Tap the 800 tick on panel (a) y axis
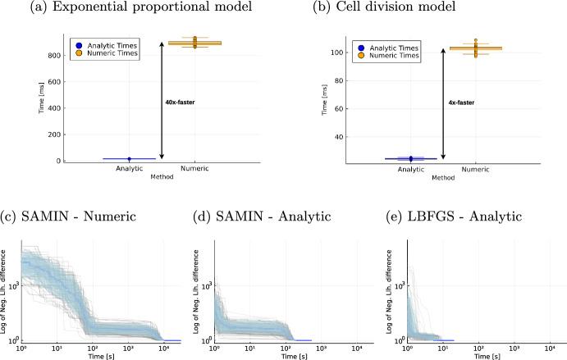coord(49,55)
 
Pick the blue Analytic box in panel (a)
coord(129,158)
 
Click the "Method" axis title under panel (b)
coord(442,177)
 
